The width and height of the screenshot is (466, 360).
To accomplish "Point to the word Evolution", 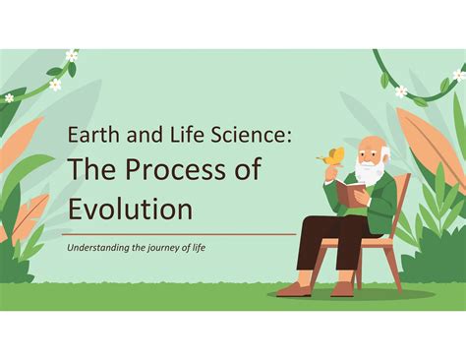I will point(131,209).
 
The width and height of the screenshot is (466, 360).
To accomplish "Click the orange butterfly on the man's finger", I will point(335,155).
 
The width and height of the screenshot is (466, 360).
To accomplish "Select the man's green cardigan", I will point(381,202).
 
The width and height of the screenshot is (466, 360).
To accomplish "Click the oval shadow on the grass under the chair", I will point(354,294).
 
